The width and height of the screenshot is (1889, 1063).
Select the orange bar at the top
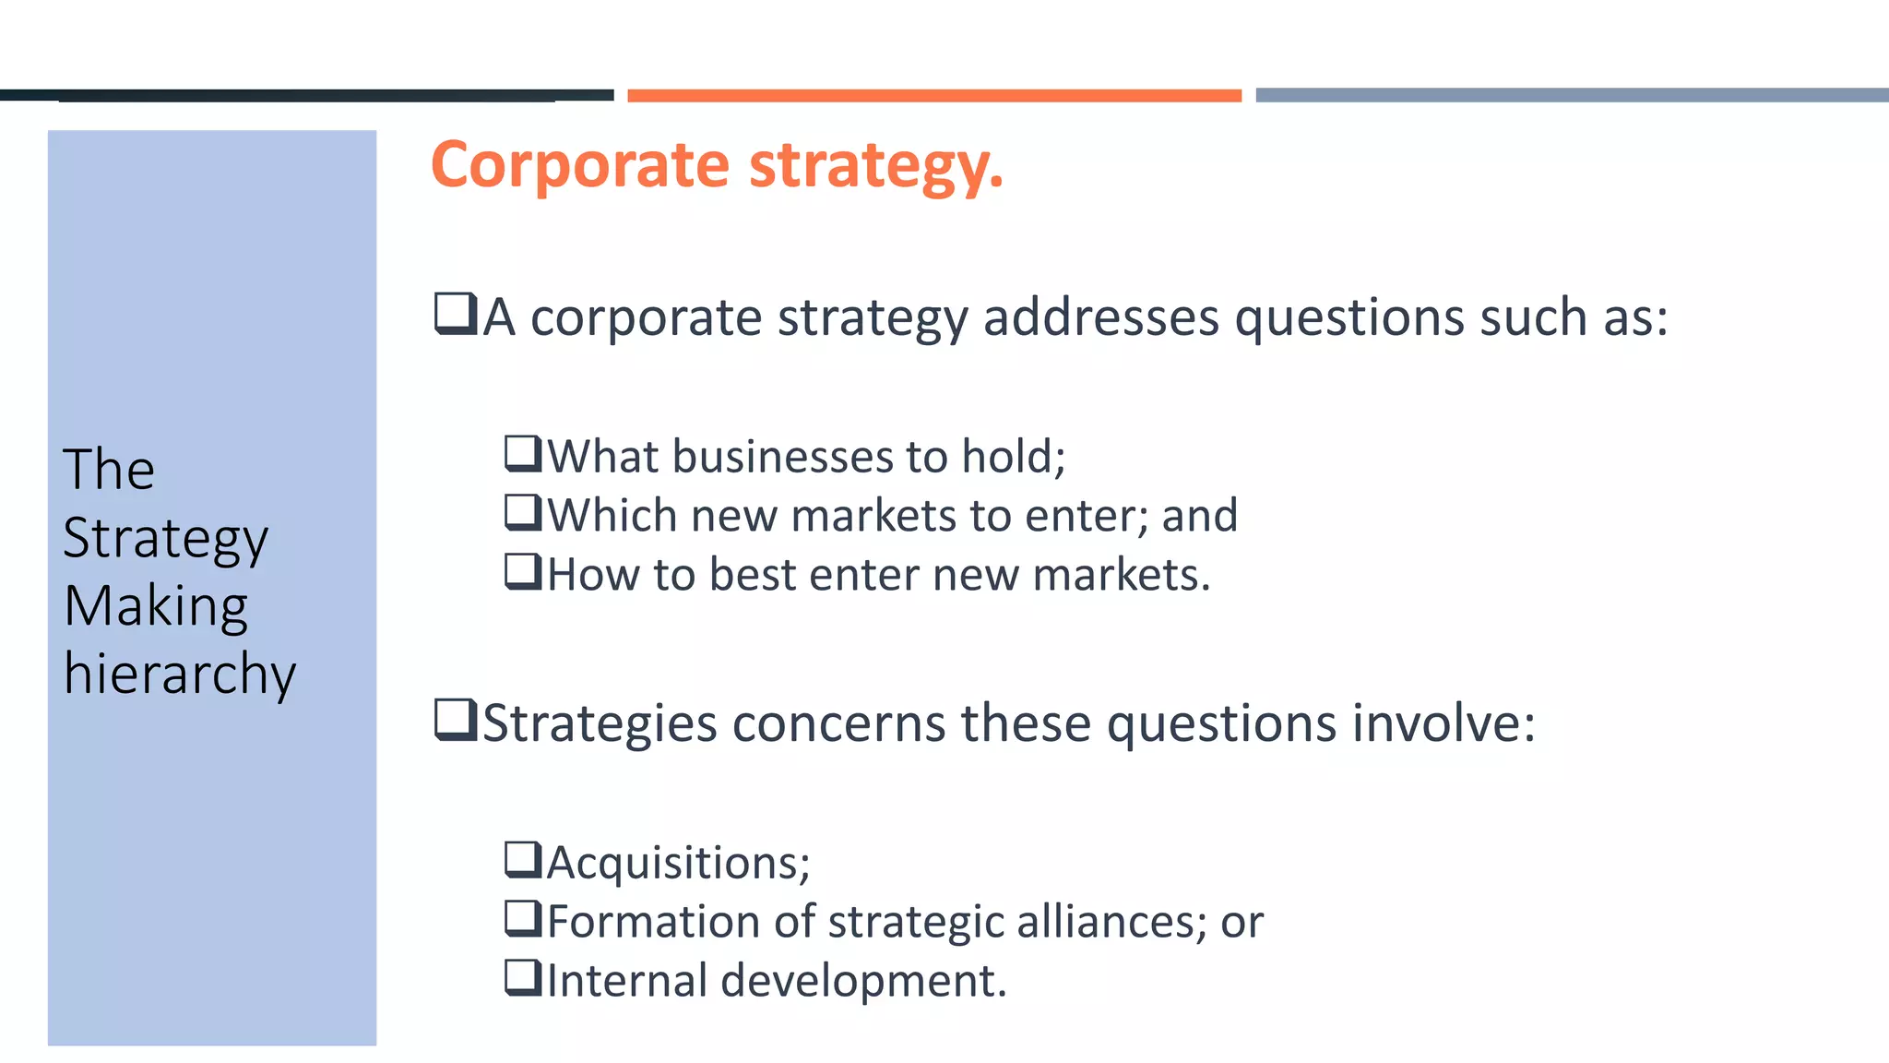[934, 95]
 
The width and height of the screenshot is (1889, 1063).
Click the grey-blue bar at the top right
[1572, 95]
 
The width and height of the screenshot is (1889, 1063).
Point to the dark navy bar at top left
[306, 95]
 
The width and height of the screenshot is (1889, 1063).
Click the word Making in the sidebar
[156, 606]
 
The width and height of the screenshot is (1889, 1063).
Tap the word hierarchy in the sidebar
[180, 674]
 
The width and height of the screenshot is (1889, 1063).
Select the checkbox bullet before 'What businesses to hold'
[523, 454]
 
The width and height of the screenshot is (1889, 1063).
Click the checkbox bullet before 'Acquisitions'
[523, 860]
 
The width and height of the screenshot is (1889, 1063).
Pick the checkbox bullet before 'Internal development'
[523, 977]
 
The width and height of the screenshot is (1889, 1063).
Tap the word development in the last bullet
[862, 980]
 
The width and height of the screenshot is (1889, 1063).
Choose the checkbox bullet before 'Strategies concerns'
[456, 720]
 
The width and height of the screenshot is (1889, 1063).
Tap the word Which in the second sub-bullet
[612, 515]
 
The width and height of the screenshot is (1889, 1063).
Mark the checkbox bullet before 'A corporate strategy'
[456, 314]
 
